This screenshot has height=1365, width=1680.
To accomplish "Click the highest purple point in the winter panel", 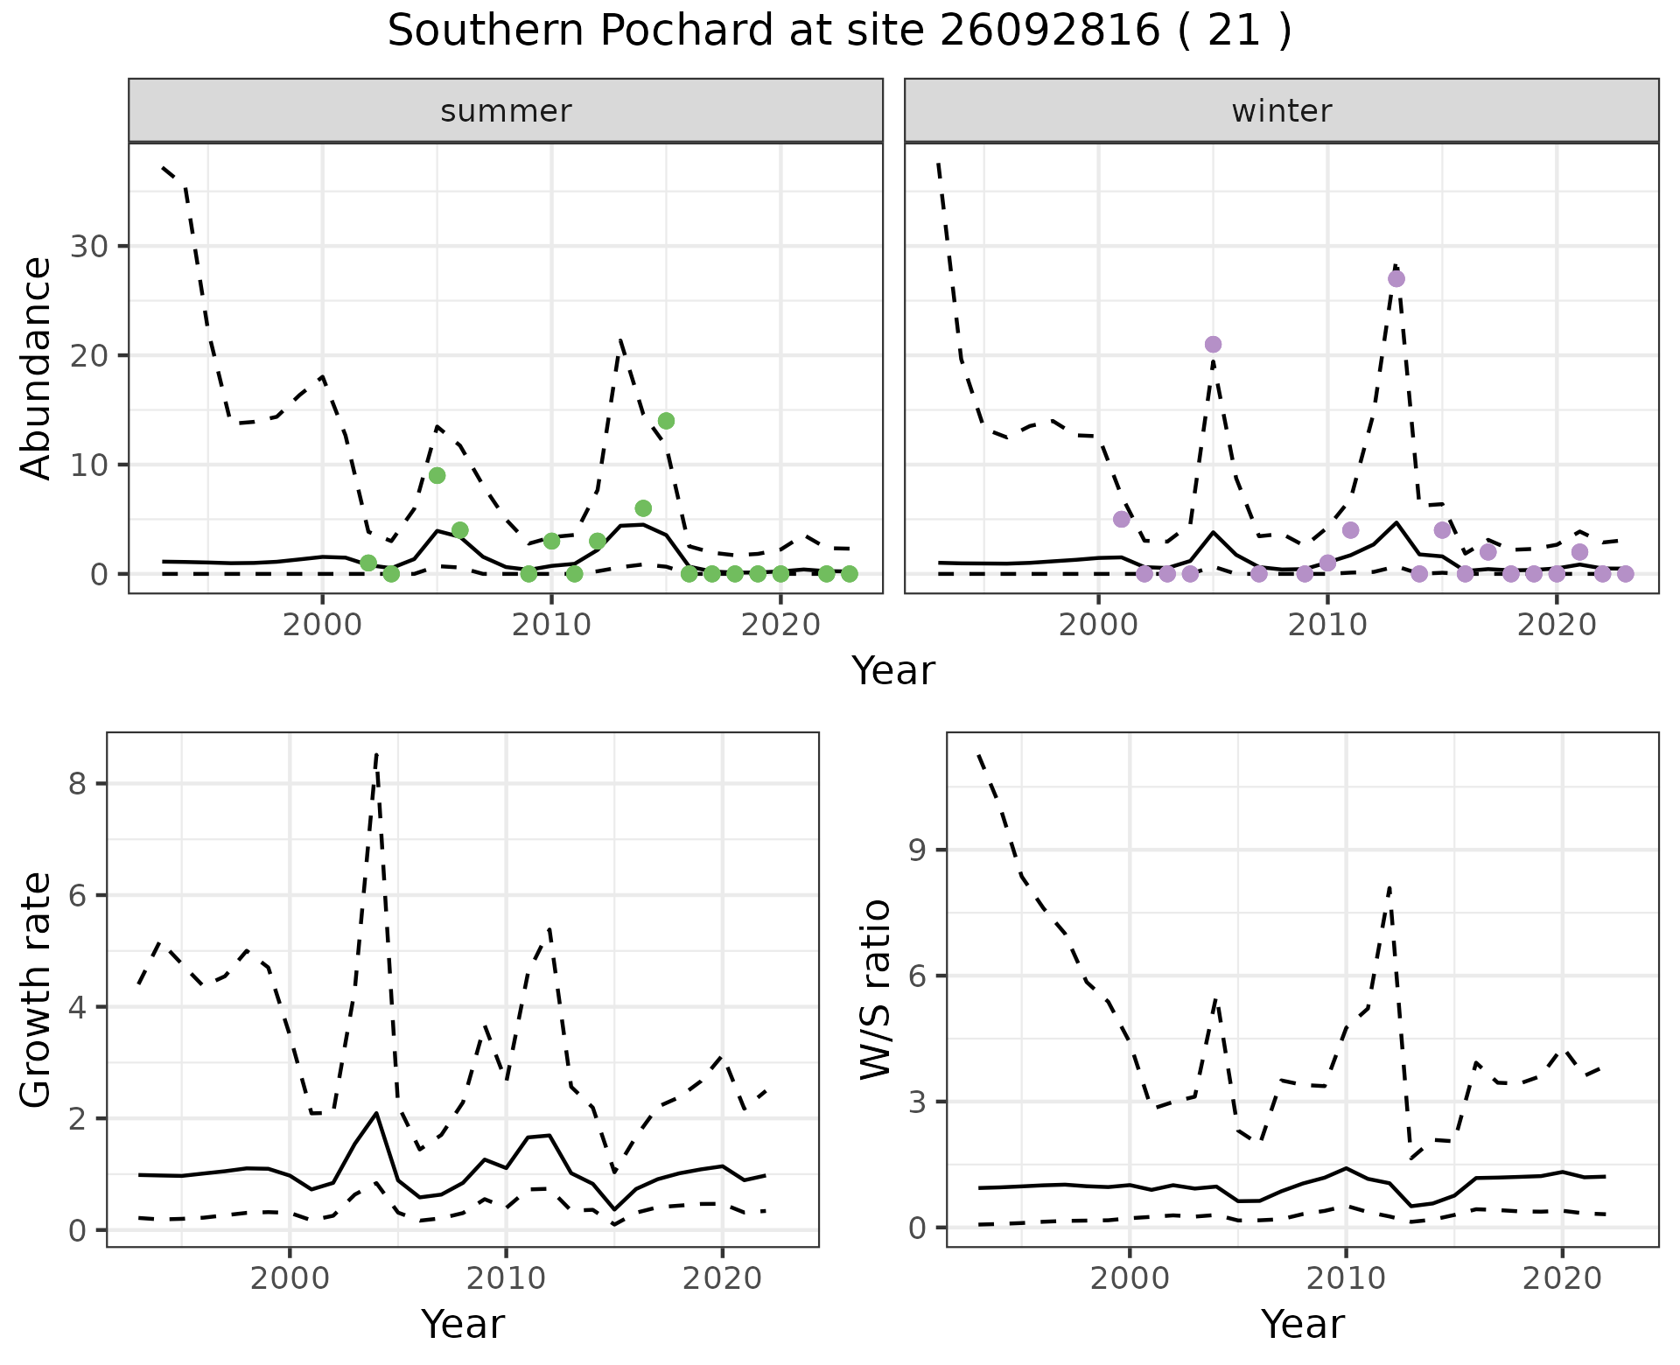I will tap(1396, 278).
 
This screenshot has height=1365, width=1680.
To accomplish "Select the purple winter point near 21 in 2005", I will tap(1213, 344).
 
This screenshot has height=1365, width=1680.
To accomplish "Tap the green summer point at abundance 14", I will tap(666, 421).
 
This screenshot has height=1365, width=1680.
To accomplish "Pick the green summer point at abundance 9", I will tap(437, 475).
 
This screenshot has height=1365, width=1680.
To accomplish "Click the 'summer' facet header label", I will tap(506, 111).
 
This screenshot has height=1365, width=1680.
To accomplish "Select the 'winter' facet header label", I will tap(1282, 111).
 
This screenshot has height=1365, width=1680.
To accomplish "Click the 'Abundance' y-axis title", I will tap(37, 367).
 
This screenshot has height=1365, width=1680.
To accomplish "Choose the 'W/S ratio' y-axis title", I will tap(876, 990).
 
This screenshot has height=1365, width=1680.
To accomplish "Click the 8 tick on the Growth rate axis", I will tap(80, 784).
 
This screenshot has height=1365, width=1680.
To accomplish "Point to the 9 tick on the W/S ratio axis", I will tap(919, 850).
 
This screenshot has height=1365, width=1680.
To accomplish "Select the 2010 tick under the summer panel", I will tap(551, 625).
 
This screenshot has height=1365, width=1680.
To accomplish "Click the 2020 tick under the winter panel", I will tap(1557, 625).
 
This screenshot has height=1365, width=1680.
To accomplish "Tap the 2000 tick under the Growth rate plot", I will tap(290, 1278).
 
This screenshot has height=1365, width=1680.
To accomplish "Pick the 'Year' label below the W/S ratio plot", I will tap(1302, 1324).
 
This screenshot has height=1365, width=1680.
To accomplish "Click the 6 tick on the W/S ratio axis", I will tap(919, 976).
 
